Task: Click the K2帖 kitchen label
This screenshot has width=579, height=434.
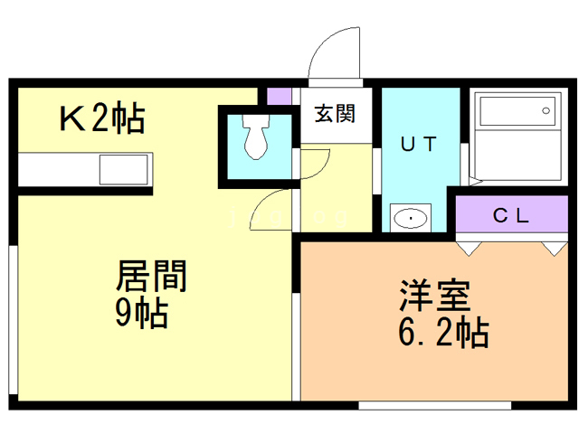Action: (101, 118)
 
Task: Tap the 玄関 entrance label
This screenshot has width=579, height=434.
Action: (334, 114)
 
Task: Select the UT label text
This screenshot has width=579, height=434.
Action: (419, 143)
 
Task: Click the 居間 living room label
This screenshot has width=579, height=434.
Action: (151, 276)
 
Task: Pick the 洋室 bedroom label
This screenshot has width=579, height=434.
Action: (435, 297)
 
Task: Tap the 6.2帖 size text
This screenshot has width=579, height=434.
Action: (443, 333)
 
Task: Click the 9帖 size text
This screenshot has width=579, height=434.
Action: (140, 312)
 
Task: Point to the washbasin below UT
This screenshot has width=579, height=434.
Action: (412, 218)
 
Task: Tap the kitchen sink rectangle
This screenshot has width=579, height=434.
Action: (123, 169)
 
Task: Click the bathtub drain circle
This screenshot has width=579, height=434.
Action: (546, 110)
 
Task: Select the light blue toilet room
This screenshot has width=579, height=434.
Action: (256, 145)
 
